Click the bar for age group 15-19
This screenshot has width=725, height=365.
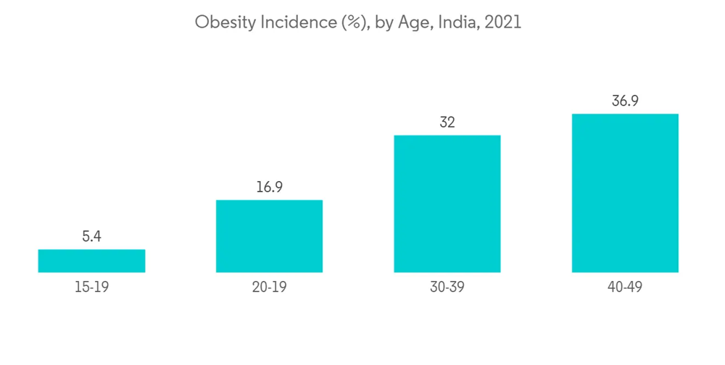pos(91,261)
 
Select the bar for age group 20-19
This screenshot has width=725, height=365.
pos(269,236)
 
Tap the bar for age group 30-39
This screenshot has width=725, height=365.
pos(447,204)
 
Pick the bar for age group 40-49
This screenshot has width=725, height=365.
pos(625,193)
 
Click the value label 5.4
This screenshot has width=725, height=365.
pos(91,236)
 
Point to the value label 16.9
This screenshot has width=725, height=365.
pos(269,187)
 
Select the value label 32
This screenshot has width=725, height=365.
pos(447,122)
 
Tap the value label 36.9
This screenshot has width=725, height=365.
pos(625,101)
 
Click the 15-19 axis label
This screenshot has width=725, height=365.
pos(91,287)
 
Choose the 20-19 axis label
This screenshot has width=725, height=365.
pos(269,287)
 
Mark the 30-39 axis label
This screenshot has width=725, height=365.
pos(447,287)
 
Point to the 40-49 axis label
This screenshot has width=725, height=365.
pos(625,287)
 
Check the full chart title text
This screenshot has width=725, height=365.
pos(358,23)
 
